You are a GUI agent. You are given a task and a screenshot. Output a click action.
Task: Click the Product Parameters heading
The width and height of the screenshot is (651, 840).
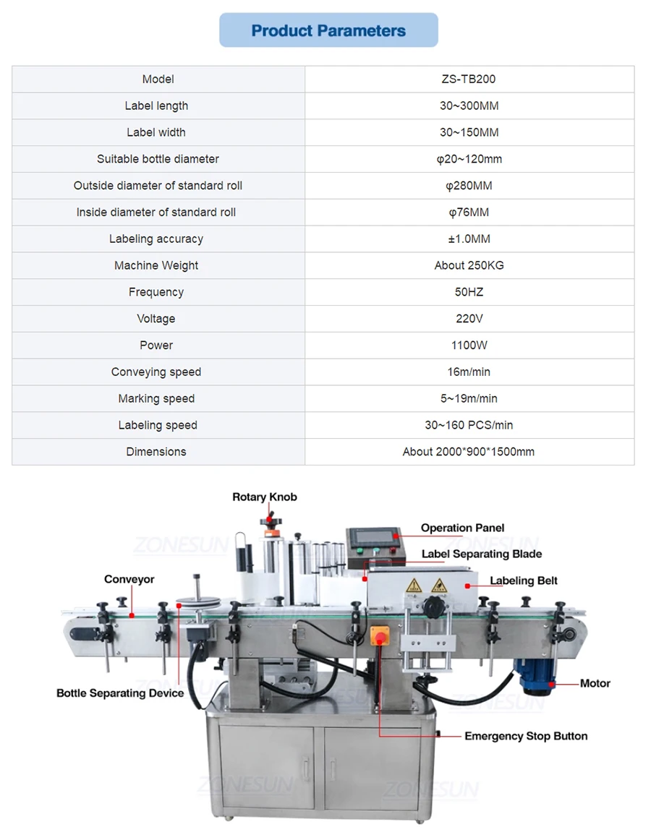coord(328,30)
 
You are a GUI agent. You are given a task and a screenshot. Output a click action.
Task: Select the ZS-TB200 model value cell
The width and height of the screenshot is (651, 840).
coord(469,80)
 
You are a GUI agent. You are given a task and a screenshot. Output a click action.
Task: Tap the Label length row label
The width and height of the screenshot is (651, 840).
coord(156,106)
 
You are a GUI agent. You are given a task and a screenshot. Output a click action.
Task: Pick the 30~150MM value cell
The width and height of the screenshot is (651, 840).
coord(469,132)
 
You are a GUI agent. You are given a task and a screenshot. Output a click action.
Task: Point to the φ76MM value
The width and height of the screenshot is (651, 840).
coord(469,212)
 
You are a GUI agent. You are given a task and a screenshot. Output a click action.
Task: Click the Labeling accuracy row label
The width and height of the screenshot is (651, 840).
coord(156,239)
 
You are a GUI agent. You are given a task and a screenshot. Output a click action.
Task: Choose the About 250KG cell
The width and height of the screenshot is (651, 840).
coord(469,265)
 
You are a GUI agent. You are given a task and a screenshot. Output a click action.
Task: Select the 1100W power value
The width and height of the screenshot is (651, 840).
coord(469,345)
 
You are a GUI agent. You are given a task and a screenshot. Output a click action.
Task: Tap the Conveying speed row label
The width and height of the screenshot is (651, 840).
coord(156,372)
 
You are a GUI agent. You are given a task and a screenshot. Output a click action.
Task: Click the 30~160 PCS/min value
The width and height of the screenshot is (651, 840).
coord(469,425)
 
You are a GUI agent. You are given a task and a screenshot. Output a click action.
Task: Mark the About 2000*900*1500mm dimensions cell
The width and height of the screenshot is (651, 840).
coord(469,452)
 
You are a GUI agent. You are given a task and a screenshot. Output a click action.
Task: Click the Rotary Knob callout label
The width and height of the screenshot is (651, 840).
coord(265,497)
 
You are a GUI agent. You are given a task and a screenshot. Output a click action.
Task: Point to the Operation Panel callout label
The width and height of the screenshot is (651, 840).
coord(463,528)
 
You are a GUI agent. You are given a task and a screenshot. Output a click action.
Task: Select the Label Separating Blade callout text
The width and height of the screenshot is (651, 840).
coord(482,554)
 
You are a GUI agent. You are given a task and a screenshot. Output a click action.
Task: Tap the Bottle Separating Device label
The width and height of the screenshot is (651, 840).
coord(120,693)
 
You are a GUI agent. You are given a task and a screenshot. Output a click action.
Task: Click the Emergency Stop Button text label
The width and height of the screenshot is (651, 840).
coord(526,736)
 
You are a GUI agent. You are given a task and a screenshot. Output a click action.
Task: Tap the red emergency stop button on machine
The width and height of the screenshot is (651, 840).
coord(379,637)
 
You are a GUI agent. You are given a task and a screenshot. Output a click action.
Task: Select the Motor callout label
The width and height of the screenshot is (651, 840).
coord(595,683)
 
